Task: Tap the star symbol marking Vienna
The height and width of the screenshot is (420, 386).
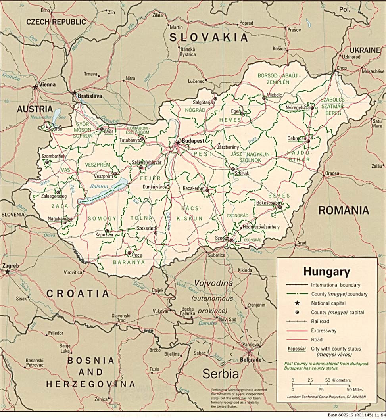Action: (x=36, y=86)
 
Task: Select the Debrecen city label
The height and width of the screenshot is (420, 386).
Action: (x=297, y=138)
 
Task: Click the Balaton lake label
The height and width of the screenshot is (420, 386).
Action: (x=99, y=186)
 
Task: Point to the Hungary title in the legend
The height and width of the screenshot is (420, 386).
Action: (x=326, y=272)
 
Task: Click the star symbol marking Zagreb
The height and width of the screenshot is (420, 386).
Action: (x=7, y=272)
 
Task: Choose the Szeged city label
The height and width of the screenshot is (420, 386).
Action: (x=222, y=238)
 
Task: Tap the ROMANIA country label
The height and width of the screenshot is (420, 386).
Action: (x=344, y=210)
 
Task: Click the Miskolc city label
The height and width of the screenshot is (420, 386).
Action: (x=274, y=95)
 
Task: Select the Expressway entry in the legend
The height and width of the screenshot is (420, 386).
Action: (x=324, y=330)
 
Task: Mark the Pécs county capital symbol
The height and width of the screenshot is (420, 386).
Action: (x=129, y=253)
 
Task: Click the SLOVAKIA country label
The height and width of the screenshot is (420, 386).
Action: (x=209, y=38)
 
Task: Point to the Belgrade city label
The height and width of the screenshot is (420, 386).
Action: (x=251, y=360)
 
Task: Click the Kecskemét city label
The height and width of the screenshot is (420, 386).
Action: (x=194, y=188)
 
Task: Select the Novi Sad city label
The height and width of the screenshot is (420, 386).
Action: (x=229, y=320)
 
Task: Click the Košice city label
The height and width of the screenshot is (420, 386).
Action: (x=279, y=49)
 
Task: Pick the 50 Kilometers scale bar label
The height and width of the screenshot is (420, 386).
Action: (x=338, y=380)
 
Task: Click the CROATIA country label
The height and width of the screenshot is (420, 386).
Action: (x=77, y=293)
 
